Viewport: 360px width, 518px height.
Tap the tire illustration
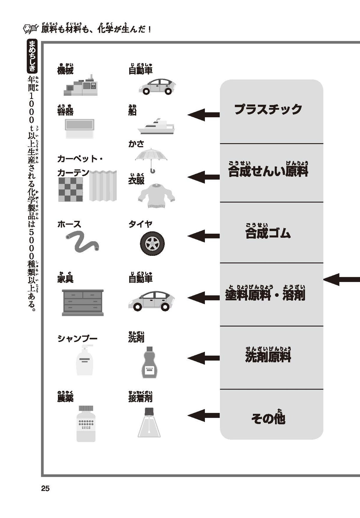(x=152, y=243)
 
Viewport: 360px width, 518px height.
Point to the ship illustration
(x=156, y=127)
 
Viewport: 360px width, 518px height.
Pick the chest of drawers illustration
(x=83, y=302)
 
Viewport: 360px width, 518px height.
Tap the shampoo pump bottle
(x=85, y=360)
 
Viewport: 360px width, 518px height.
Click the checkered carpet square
(x=70, y=189)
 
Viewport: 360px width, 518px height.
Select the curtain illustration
(x=103, y=186)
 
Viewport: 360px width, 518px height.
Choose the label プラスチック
(x=268, y=109)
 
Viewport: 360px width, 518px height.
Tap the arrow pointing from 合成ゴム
(x=203, y=236)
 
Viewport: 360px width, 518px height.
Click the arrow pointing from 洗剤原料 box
(x=203, y=358)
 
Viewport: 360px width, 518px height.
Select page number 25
(x=45, y=489)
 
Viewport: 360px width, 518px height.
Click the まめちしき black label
(x=32, y=56)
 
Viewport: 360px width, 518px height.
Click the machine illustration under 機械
(x=81, y=85)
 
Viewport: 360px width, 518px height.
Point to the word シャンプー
(x=77, y=339)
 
